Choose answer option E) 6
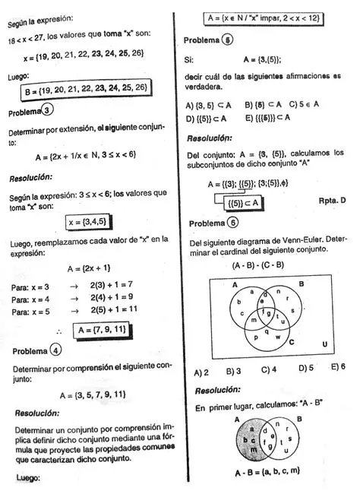(338, 366)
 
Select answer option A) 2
(201, 372)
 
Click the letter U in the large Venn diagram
(325, 343)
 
